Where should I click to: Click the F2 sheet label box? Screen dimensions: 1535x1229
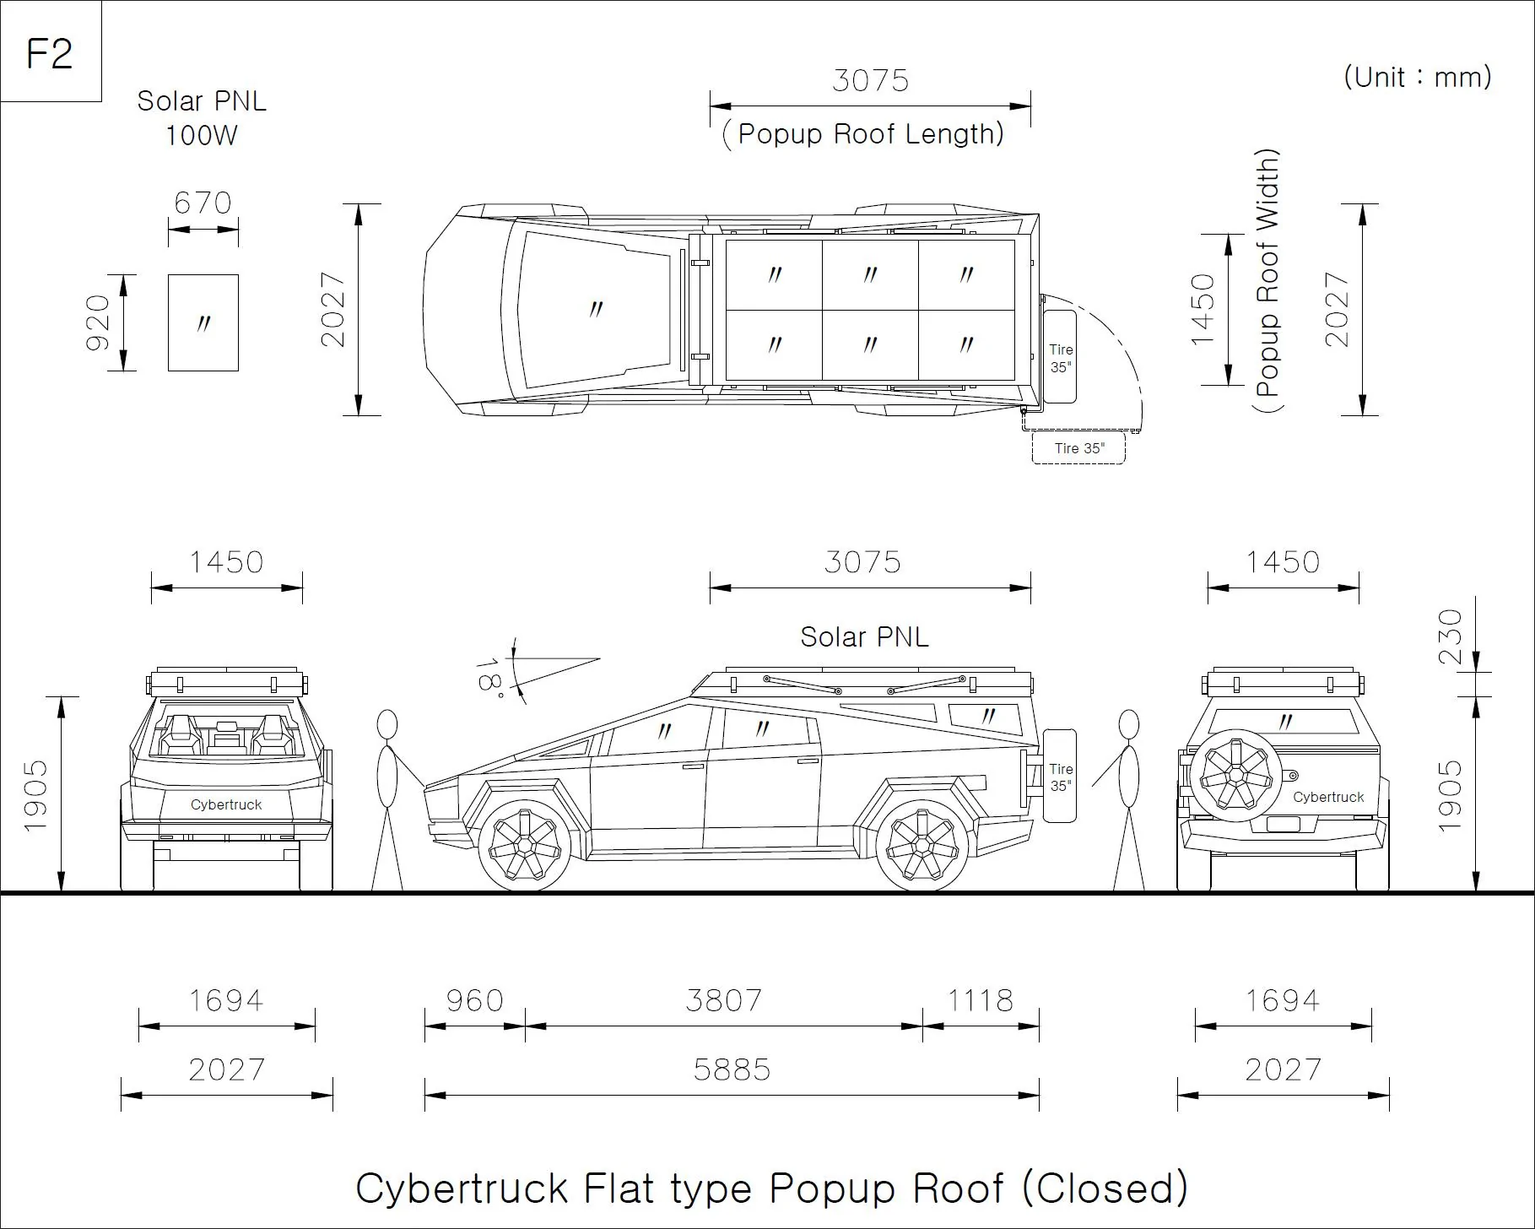click(x=51, y=51)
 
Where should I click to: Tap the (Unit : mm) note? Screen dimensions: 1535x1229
click(x=1418, y=78)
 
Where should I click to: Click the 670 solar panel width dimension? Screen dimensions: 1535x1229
click(x=203, y=203)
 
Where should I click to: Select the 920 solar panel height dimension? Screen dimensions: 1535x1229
click(x=99, y=322)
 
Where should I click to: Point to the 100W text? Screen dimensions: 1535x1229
click(x=202, y=135)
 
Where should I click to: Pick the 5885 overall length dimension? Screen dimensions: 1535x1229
click(x=732, y=1070)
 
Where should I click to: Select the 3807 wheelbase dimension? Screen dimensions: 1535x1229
click(x=723, y=1000)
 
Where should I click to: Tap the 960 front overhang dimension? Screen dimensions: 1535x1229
click(x=475, y=1000)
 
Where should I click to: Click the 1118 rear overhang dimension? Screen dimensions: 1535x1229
click(x=980, y=1000)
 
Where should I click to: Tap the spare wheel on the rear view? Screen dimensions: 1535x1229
click(x=1235, y=775)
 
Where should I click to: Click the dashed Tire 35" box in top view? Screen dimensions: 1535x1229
click(x=1078, y=448)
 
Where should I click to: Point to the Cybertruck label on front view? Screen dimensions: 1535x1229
click(x=226, y=804)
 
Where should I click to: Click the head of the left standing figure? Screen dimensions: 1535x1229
click(x=386, y=725)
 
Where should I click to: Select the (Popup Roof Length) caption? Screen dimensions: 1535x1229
click(x=863, y=134)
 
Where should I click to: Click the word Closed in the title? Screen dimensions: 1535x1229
click(x=1105, y=1188)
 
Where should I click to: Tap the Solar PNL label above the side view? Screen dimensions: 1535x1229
click(x=864, y=637)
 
